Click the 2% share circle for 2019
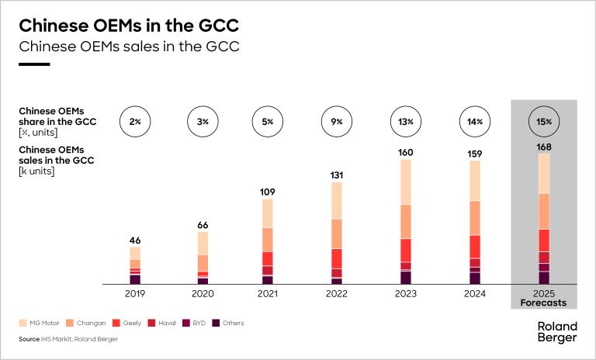coord(135,121)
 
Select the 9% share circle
coord(337,121)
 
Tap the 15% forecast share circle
coord(543,121)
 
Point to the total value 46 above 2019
coord(135,240)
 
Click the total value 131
coord(337,175)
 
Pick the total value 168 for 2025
coord(543,147)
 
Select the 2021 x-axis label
coord(267,294)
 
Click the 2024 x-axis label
coord(474,294)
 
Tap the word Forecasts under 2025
coord(543,303)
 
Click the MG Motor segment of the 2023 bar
coord(406,182)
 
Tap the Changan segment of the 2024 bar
coord(474,217)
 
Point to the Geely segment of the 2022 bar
coord(337,258)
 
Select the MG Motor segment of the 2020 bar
coord(203,243)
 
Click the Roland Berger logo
coord(557,332)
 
